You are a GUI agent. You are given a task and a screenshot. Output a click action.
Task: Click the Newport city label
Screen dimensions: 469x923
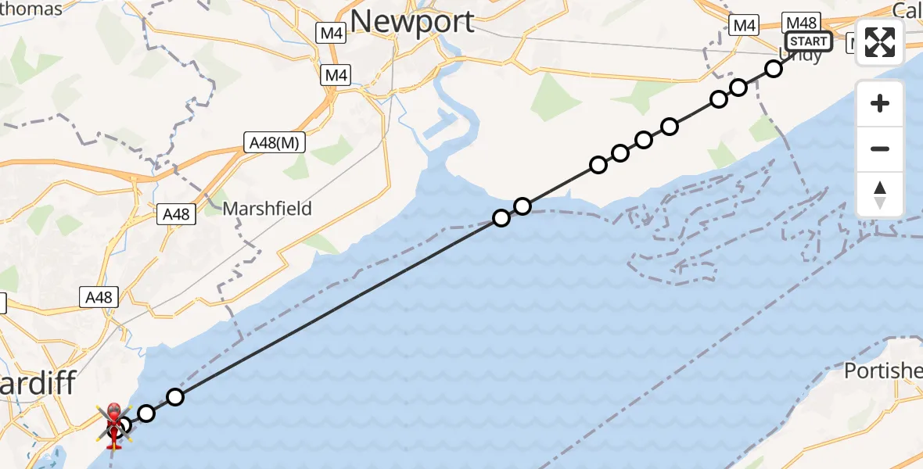pyautogui.click(x=412, y=21)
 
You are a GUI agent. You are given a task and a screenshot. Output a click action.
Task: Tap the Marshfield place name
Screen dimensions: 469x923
pyautogui.click(x=267, y=209)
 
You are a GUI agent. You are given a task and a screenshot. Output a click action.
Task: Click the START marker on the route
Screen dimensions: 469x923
pyautogui.click(x=808, y=41)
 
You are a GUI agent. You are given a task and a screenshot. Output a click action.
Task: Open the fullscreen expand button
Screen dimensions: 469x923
pyautogui.click(x=880, y=42)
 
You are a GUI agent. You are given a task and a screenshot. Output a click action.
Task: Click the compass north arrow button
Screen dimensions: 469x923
pyautogui.click(x=880, y=195)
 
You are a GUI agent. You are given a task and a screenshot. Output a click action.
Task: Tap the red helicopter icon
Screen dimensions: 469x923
pyautogui.click(x=113, y=426)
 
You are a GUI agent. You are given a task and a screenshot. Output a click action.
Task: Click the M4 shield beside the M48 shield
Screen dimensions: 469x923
pyautogui.click(x=744, y=26)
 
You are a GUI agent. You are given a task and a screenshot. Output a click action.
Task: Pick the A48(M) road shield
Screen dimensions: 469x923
pyautogui.click(x=274, y=143)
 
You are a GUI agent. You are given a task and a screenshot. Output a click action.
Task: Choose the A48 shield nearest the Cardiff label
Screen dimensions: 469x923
pyautogui.click(x=99, y=297)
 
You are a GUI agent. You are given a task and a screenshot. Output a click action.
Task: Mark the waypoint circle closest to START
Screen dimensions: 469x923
pyautogui.click(x=774, y=69)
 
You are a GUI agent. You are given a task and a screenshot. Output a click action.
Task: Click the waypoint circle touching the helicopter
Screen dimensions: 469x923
pyautogui.click(x=124, y=426)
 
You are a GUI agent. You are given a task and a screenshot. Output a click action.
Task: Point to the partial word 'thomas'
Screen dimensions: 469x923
pyautogui.click(x=31, y=9)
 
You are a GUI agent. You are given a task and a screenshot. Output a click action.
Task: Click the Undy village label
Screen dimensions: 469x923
pyautogui.click(x=802, y=56)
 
